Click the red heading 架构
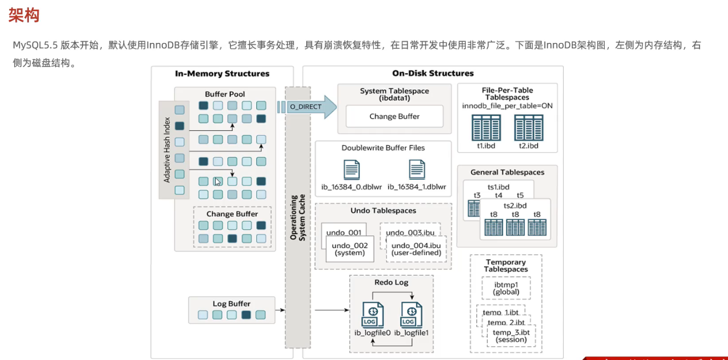24,16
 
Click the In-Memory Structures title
222,74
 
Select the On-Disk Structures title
432,74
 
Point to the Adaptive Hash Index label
167,149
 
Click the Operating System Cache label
298,217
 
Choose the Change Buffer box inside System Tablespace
394,116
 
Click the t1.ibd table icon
486,128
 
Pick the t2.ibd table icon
528,128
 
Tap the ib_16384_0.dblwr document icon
352,170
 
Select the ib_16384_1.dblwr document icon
417,170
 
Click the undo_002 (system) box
350,249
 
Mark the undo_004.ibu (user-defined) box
416,249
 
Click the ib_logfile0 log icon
372,315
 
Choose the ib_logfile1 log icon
411,315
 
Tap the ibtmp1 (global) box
506,288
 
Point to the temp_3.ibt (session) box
511,336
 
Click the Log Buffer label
231,304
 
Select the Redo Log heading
391,282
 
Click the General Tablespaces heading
507,172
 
